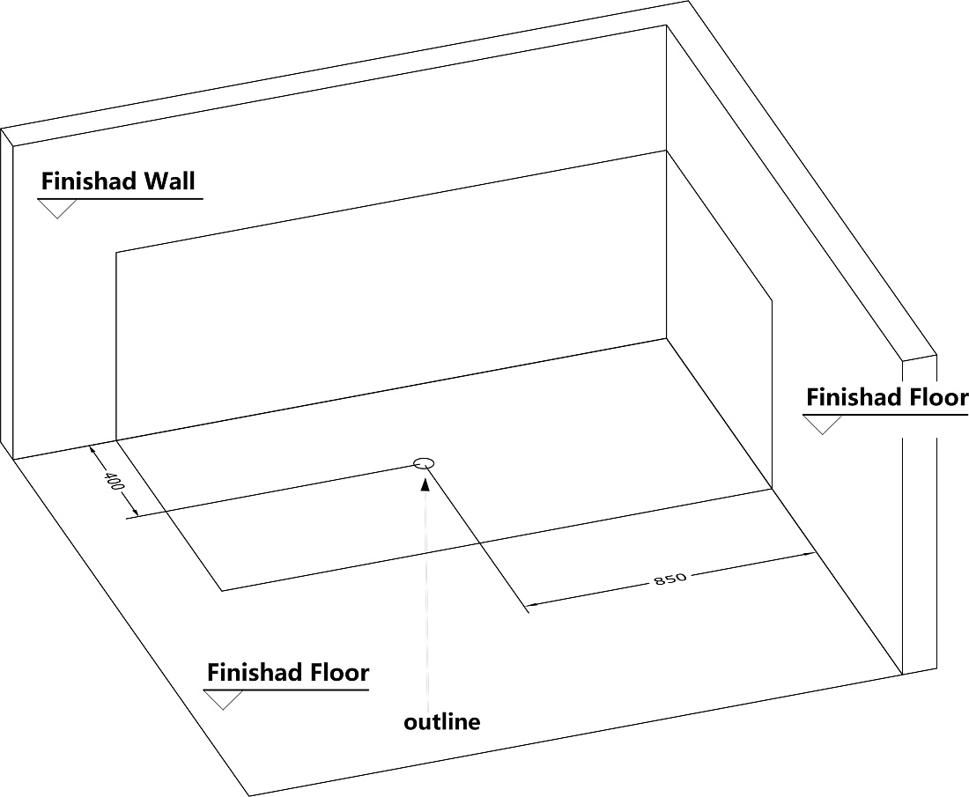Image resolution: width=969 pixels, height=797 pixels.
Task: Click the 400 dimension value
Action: point(115,482)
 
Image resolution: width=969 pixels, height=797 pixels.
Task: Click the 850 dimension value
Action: point(670,579)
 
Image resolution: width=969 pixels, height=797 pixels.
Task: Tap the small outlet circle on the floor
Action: point(424,462)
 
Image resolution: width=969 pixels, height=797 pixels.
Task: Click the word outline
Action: point(442,721)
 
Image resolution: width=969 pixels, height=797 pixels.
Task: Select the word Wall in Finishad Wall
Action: point(169,181)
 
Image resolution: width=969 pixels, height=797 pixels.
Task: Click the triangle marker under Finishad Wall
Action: point(57,209)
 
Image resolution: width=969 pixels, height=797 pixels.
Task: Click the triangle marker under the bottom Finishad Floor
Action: point(223,700)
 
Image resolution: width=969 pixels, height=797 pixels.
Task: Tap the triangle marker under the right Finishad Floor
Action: point(823,425)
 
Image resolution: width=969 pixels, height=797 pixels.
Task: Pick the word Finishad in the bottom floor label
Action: point(255,672)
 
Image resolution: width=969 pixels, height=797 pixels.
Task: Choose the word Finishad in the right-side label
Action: point(855,397)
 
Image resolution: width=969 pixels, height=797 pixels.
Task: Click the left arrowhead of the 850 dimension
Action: point(531,603)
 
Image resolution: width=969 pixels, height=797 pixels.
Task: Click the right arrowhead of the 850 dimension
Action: point(806,554)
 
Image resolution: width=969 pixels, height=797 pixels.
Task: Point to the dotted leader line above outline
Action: point(425,600)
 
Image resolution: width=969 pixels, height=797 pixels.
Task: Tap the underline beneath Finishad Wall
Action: point(121,199)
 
